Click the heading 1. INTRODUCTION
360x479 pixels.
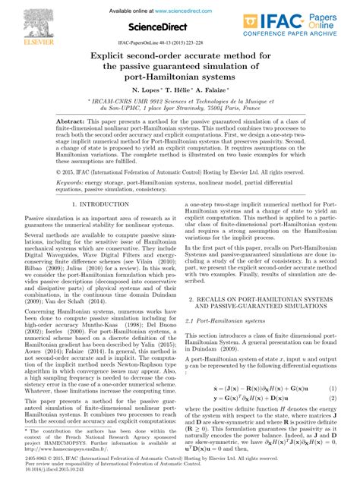coord(96,206)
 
